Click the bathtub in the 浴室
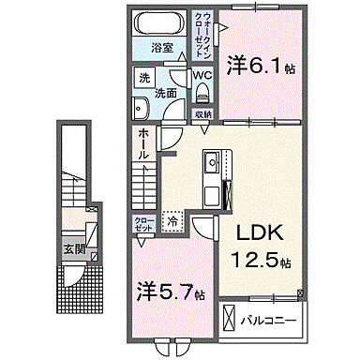click(158, 24)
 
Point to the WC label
click(202, 76)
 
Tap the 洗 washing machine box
click(143, 78)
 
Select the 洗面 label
click(165, 93)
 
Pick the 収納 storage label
click(202, 113)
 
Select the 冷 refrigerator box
click(173, 221)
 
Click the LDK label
click(253, 231)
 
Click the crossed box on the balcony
click(231, 320)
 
